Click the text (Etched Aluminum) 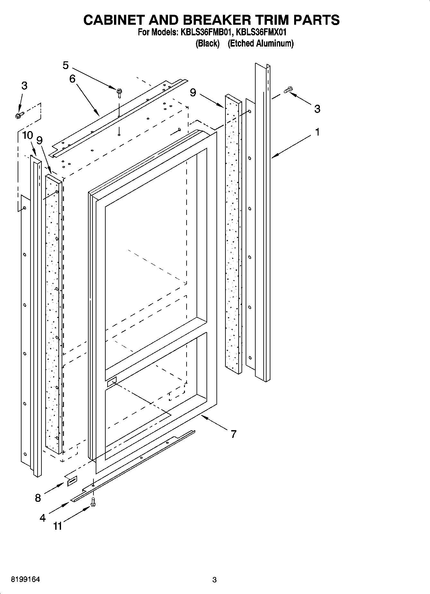(260, 43)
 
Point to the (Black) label (207, 43)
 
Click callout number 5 (66, 66)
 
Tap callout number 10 (28, 135)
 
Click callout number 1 (317, 132)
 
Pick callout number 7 (233, 434)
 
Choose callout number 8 (38, 498)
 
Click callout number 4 (42, 518)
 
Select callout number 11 (57, 526)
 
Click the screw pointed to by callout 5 (119, 93)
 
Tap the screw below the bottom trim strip (93, 502)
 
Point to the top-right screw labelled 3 (288, 90)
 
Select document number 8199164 (25, 580)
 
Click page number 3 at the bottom (215, 580)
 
